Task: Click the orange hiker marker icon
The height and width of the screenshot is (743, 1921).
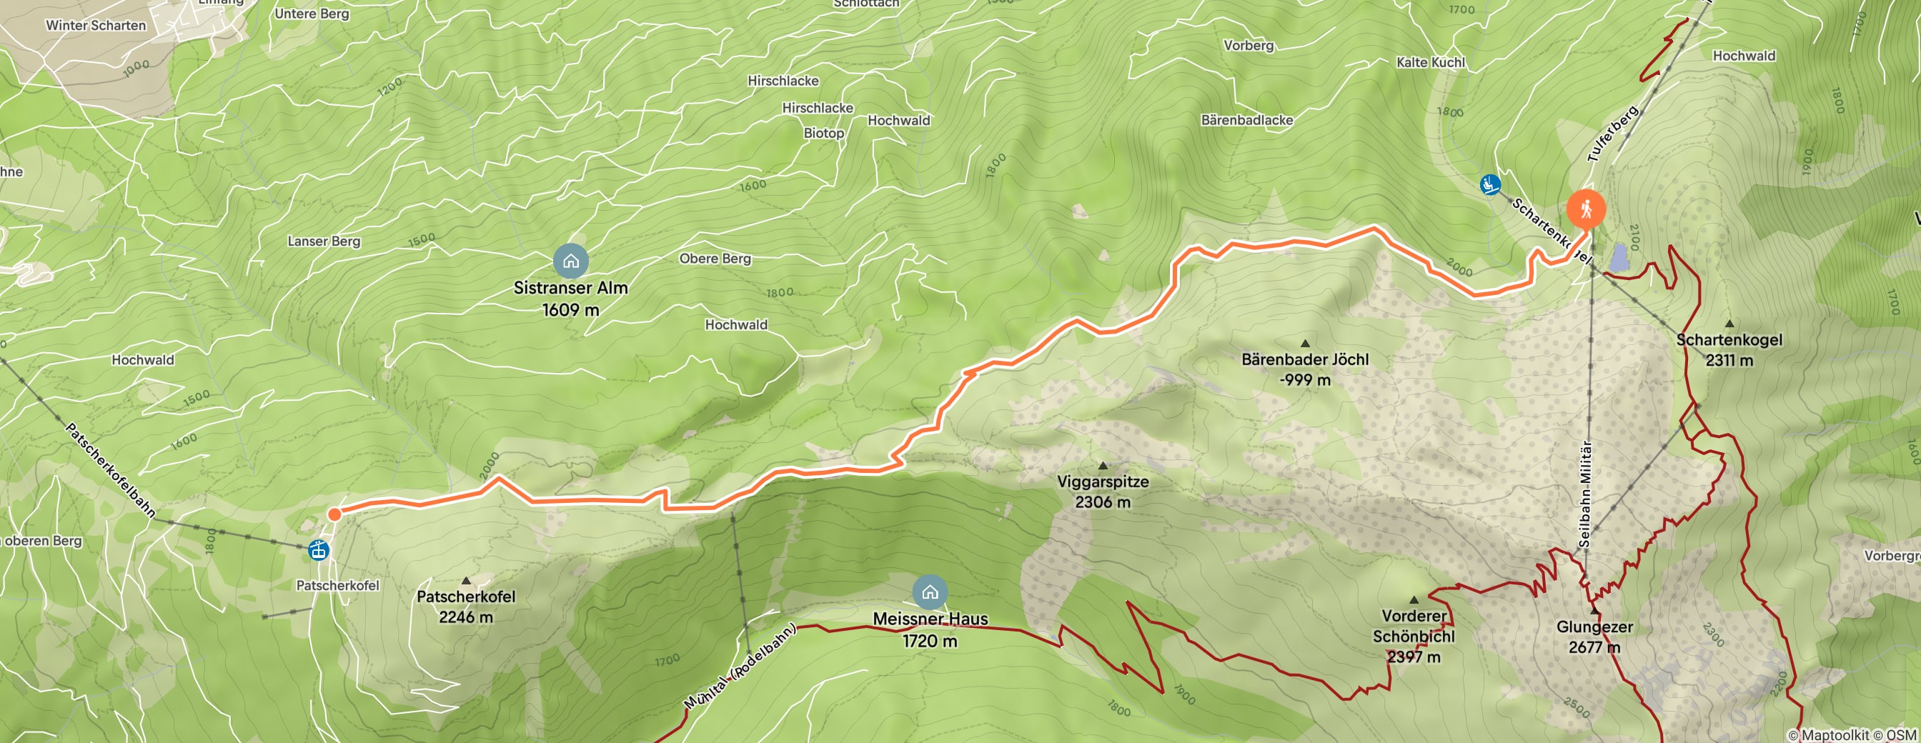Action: (x=1586, y=209)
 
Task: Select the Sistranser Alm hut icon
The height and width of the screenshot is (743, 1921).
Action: (x=570, y=261)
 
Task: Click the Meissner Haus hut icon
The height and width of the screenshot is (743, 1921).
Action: (x=930, y=593)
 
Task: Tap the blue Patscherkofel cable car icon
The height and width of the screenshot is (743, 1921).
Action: (x=319, y=551)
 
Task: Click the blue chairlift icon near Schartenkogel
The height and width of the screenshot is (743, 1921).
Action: (x=1490, y=184)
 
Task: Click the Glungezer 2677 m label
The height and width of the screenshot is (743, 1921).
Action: (x=1594, y=637)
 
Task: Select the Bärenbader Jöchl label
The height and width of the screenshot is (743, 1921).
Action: (x=1305, y=369)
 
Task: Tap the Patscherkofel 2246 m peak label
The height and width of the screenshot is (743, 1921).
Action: (x=465, y=606)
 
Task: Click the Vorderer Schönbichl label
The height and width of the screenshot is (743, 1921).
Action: (x=1414, y=636)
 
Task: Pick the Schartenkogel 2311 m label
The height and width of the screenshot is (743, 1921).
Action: (x=1729, y=349)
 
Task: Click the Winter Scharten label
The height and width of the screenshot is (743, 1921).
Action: (x=96, y=25)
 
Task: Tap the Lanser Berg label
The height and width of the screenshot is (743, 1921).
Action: (x=324, y=241)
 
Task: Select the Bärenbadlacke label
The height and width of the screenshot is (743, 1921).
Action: (x=1247, y=120)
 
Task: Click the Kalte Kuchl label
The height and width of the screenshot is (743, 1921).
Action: (x=1430, y=63)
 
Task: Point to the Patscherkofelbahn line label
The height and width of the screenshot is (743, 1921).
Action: (x=110, y=470)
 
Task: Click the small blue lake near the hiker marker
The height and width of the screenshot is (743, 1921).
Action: (x=1619, y=258)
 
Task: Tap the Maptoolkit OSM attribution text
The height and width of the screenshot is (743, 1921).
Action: (x=1852, y=736)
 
